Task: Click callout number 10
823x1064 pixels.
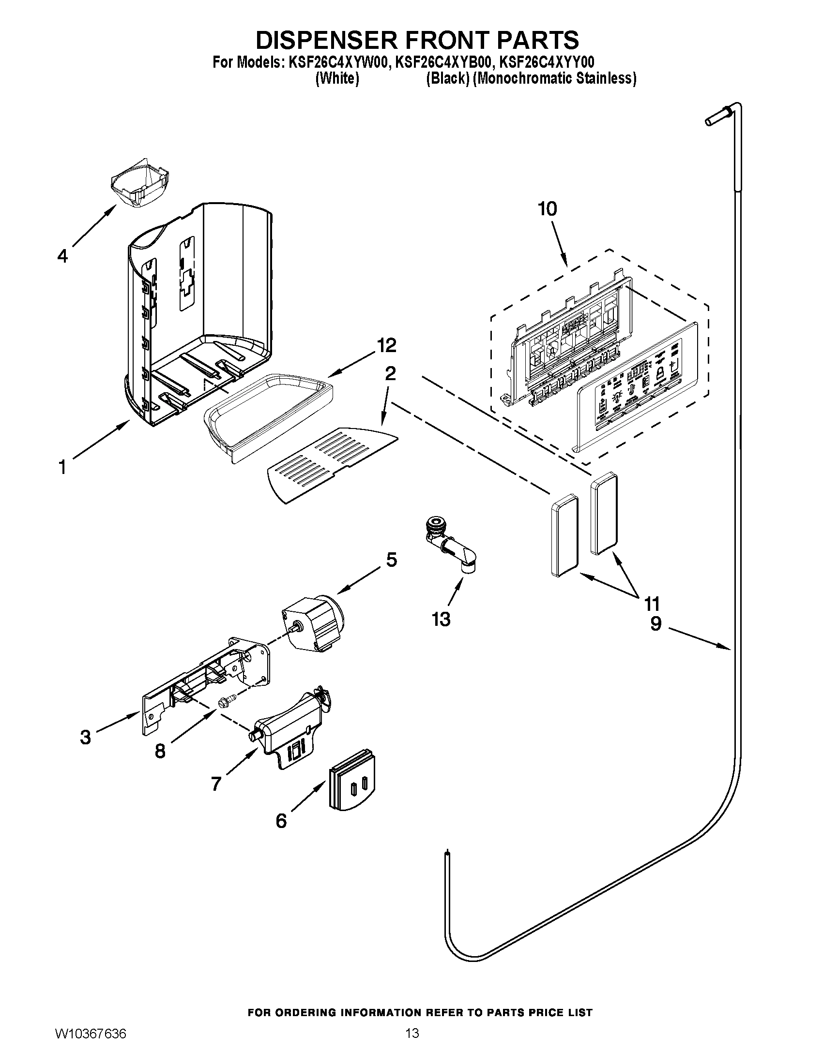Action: [547, 209]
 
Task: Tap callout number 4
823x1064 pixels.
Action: [62, 256]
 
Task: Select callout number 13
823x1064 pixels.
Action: [441, 620]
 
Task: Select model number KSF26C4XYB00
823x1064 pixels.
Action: [441, 62]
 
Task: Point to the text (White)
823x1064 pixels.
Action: [337, 78]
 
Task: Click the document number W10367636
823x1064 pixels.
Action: [91, 1045]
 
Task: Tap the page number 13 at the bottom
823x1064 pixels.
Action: [411, 1045]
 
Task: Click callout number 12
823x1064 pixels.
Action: [386, 345]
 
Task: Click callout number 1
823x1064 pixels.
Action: [62, 467]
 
